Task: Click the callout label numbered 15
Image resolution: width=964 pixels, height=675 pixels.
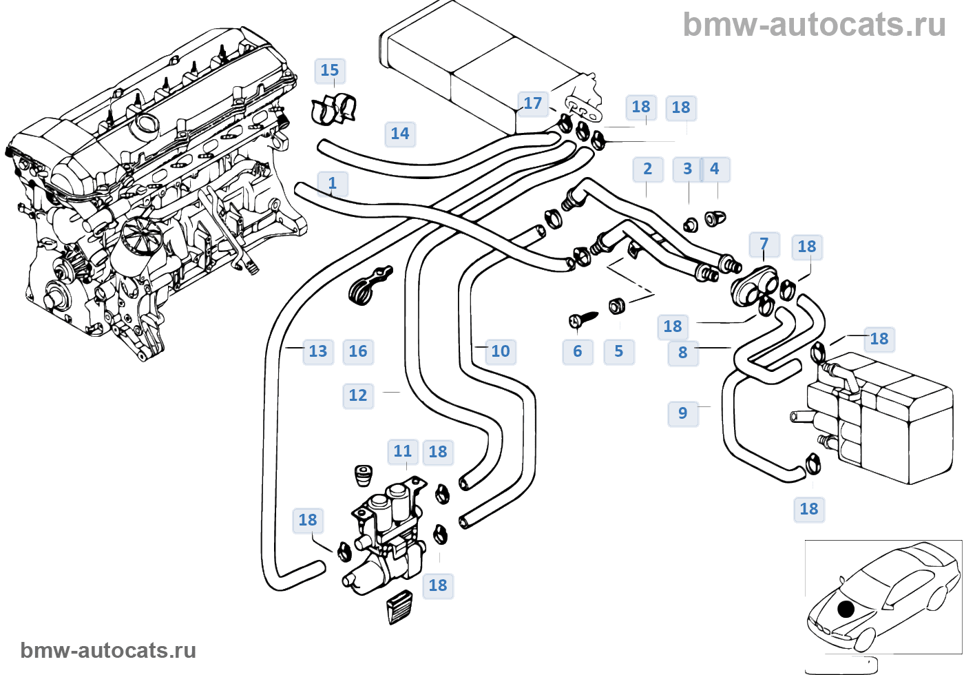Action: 330,70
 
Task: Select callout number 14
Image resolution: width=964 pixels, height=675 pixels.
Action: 399,134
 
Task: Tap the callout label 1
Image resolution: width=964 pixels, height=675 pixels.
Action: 333,183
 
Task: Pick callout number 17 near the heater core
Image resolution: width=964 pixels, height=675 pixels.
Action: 532,103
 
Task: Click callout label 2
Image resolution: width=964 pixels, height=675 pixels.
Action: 647,169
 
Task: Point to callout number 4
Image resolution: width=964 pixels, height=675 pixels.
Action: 715,169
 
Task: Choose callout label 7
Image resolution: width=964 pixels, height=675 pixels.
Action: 764,244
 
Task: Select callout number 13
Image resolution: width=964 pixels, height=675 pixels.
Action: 317,351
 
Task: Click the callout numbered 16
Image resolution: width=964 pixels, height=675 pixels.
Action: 358,351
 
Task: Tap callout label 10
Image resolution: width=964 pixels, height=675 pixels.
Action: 501,351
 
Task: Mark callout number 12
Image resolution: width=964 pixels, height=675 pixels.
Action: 358,395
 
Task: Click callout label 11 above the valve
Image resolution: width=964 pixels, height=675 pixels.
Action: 403,451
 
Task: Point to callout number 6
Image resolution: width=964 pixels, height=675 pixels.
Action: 578,351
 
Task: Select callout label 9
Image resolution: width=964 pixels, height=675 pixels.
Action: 682,413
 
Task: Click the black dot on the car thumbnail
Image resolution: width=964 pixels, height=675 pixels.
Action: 846,609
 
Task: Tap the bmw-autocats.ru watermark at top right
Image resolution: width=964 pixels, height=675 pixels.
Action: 814,25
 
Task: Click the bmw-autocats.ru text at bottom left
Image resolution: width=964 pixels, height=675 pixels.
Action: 109,650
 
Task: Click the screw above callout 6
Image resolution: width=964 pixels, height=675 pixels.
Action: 583,319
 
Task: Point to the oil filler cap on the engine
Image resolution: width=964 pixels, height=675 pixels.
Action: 146,126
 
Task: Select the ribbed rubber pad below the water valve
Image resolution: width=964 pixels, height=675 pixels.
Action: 400,606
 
